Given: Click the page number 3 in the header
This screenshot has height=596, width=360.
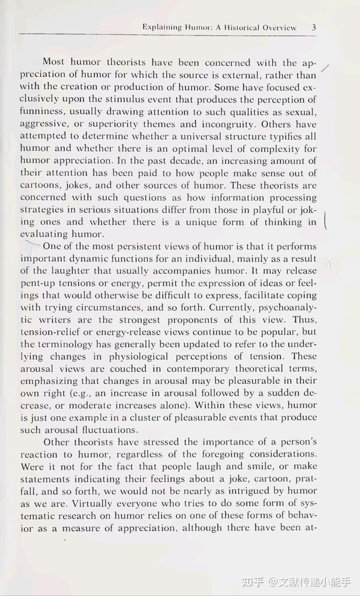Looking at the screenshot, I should (x=314, y=27).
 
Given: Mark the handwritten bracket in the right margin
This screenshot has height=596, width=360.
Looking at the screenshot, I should (x=325, y=221).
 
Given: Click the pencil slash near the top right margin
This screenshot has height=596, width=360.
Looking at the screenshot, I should (x=326, y=69).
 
